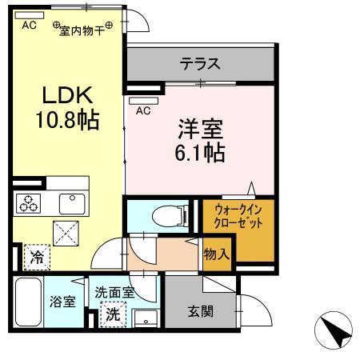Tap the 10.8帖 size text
point(67,121)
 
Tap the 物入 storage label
point(217,255)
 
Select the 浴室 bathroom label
point(62,302)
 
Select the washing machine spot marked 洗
point(114,314)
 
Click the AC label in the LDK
point(29,26)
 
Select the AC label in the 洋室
point(144,110)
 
